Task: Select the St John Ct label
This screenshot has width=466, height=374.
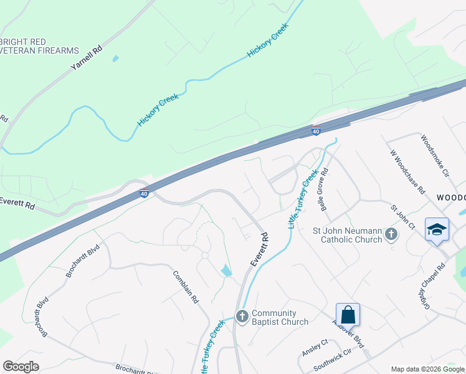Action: click(x=402, y=216)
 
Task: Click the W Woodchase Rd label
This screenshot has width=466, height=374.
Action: click(x=407, y=171)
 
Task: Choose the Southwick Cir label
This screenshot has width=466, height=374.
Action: click(x=331, y=360)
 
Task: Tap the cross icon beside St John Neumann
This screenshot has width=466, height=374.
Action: click(x=391, y=234)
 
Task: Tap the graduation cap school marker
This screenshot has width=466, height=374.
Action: click(x=437, y=229)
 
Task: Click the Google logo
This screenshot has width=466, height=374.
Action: click(x=21, y=367)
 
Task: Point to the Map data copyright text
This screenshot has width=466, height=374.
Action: click(x=428, y=369)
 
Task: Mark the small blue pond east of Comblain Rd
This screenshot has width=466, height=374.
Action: click(x=226, y=270)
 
